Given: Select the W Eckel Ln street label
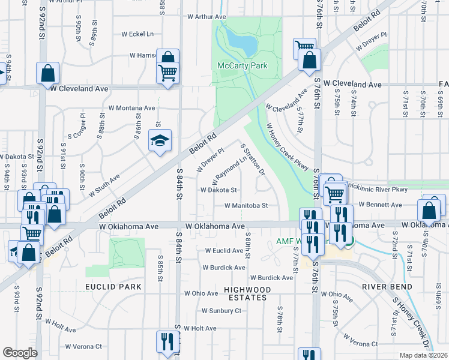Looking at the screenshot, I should click(x=137, y=34).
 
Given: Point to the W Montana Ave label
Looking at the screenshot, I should click(x=131, y=108).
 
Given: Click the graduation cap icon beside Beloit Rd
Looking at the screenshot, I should click(x=160, y=141).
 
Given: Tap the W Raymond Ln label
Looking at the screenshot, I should click(x=229, y=172).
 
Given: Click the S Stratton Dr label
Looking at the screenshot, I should click(x=253, y=159).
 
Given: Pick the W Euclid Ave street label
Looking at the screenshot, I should click(x=224, y=250).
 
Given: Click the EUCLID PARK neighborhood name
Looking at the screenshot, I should click(x=113, y=287).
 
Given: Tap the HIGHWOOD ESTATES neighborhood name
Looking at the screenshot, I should click(x=244, y=293).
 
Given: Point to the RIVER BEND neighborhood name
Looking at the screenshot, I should click(x=387, y=287).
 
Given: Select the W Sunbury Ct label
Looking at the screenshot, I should click(x=221, y=311).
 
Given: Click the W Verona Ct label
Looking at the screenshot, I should click(x=83, y=346).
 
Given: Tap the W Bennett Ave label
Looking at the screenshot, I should click(x=380, y=205).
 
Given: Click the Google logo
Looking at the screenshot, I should click(x=20, y=353).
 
